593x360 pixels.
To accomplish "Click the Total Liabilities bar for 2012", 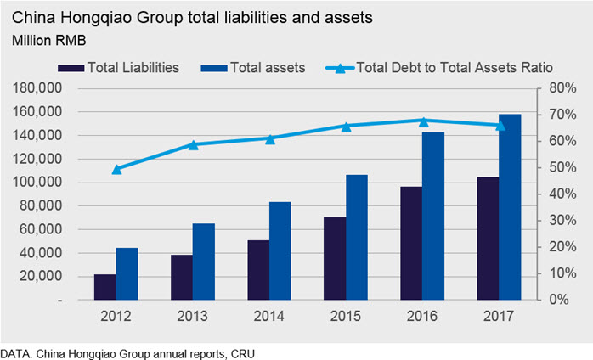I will click(104, 287).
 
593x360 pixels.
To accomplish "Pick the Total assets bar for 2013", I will click(202, 262).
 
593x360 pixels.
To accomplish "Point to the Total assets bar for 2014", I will click(280, 250).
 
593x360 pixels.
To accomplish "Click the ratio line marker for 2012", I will click(116, 169).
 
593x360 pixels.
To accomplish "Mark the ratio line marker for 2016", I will click(423, 121).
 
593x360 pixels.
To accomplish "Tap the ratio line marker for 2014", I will click(270, 138).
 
